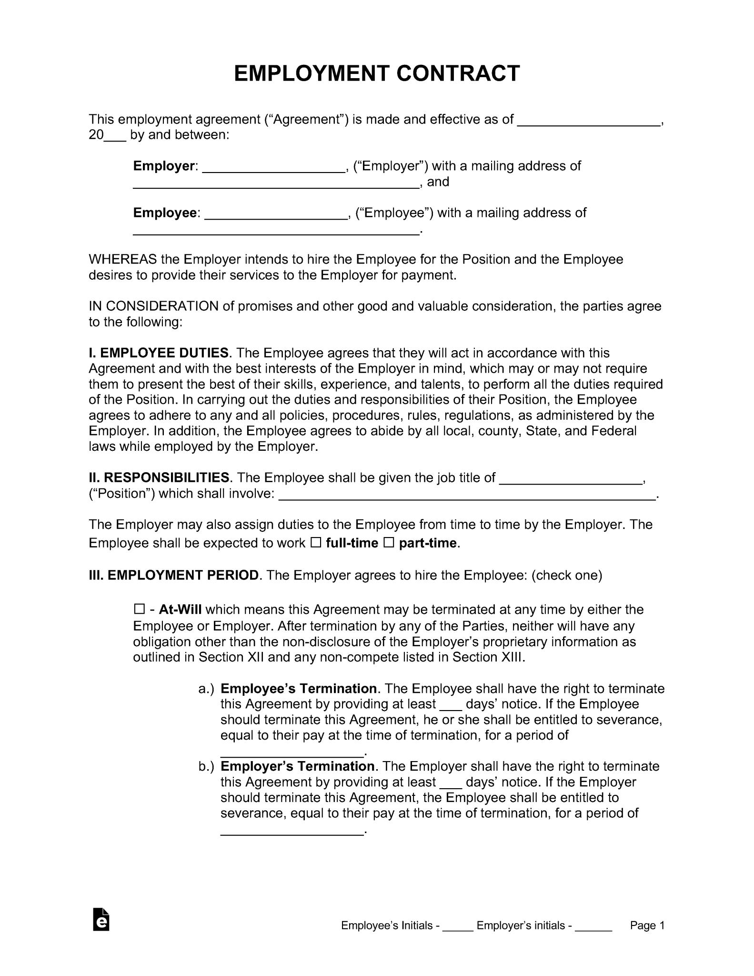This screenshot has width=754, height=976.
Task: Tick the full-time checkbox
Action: click(x=316, y=543)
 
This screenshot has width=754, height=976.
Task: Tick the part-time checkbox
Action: click(x=389, y=543)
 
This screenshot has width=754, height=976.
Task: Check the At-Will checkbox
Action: click(x=139, y=609)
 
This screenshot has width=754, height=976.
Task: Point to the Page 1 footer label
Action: click(x=647, y=925)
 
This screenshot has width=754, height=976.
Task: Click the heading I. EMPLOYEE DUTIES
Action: click(x=159, y=353)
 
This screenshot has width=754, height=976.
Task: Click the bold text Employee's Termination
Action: click(x=299, y=689)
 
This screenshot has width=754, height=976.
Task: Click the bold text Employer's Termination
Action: click(x=298, y=766)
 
